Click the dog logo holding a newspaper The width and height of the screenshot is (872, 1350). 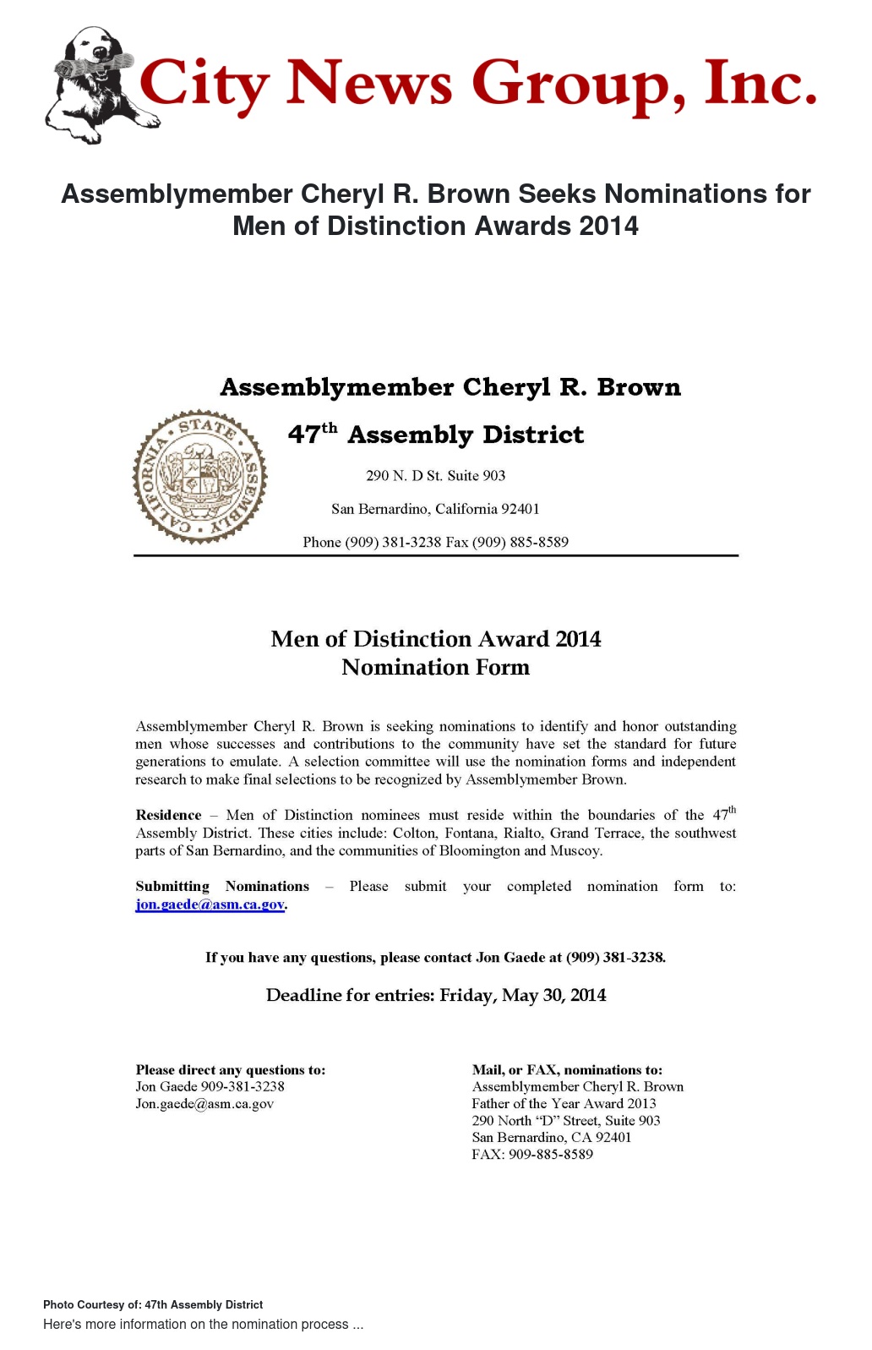coord(91,85)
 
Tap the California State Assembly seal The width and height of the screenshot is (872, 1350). coord(200,477)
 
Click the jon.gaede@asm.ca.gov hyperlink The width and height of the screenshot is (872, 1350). coord(210,905)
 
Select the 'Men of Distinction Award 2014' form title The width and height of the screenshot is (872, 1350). coord(435,639)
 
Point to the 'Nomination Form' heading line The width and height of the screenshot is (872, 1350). coord(435,668)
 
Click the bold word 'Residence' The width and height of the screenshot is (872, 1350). coord(168,815)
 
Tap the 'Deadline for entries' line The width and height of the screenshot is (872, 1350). coord(435,995)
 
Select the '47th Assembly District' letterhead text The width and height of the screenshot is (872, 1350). coord(435,435)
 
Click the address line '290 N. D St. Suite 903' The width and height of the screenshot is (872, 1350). coord(435,476)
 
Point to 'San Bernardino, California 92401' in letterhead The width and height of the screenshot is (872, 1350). coord(435,509)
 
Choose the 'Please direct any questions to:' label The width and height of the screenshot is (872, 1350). coord(230,1070)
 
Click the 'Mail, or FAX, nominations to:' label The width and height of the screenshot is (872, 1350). coord(567,1070)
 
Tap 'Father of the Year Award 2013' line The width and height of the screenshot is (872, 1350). coord(564,1104)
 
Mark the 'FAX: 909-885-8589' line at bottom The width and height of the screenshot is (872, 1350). coord(532,1155)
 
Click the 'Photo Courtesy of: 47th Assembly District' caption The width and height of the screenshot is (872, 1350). coord(153,1305)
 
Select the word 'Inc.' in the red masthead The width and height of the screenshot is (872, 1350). coord(760,85)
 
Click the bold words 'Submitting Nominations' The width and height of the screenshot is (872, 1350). coord(222,886)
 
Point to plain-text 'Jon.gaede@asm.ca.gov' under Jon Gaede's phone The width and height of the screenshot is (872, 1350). coord(204,1104)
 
